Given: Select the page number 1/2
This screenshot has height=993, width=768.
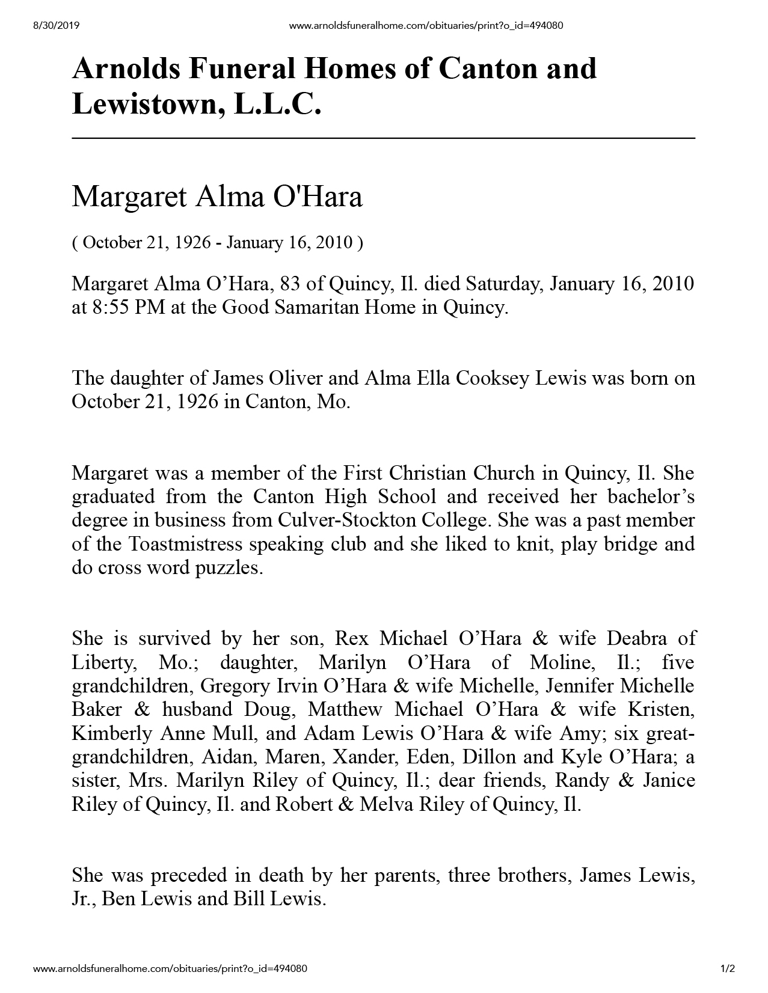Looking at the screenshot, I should click(728, 969).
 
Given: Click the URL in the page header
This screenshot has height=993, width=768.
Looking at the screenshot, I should click(426, 25).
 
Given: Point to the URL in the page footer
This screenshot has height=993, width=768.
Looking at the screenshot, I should click(170, 969).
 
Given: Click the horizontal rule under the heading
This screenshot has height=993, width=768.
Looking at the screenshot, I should click(383, 138).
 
